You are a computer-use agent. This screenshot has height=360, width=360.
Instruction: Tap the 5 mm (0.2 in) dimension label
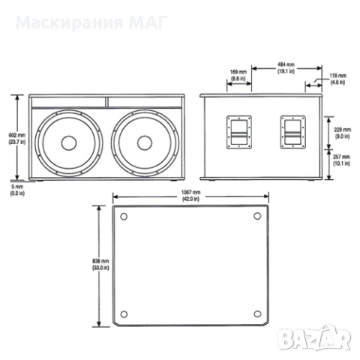[x=15, y=190]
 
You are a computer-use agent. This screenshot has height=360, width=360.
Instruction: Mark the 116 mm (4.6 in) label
[x=338, y=79]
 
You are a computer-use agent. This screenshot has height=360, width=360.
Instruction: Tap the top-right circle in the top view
[x=258, y=217]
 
